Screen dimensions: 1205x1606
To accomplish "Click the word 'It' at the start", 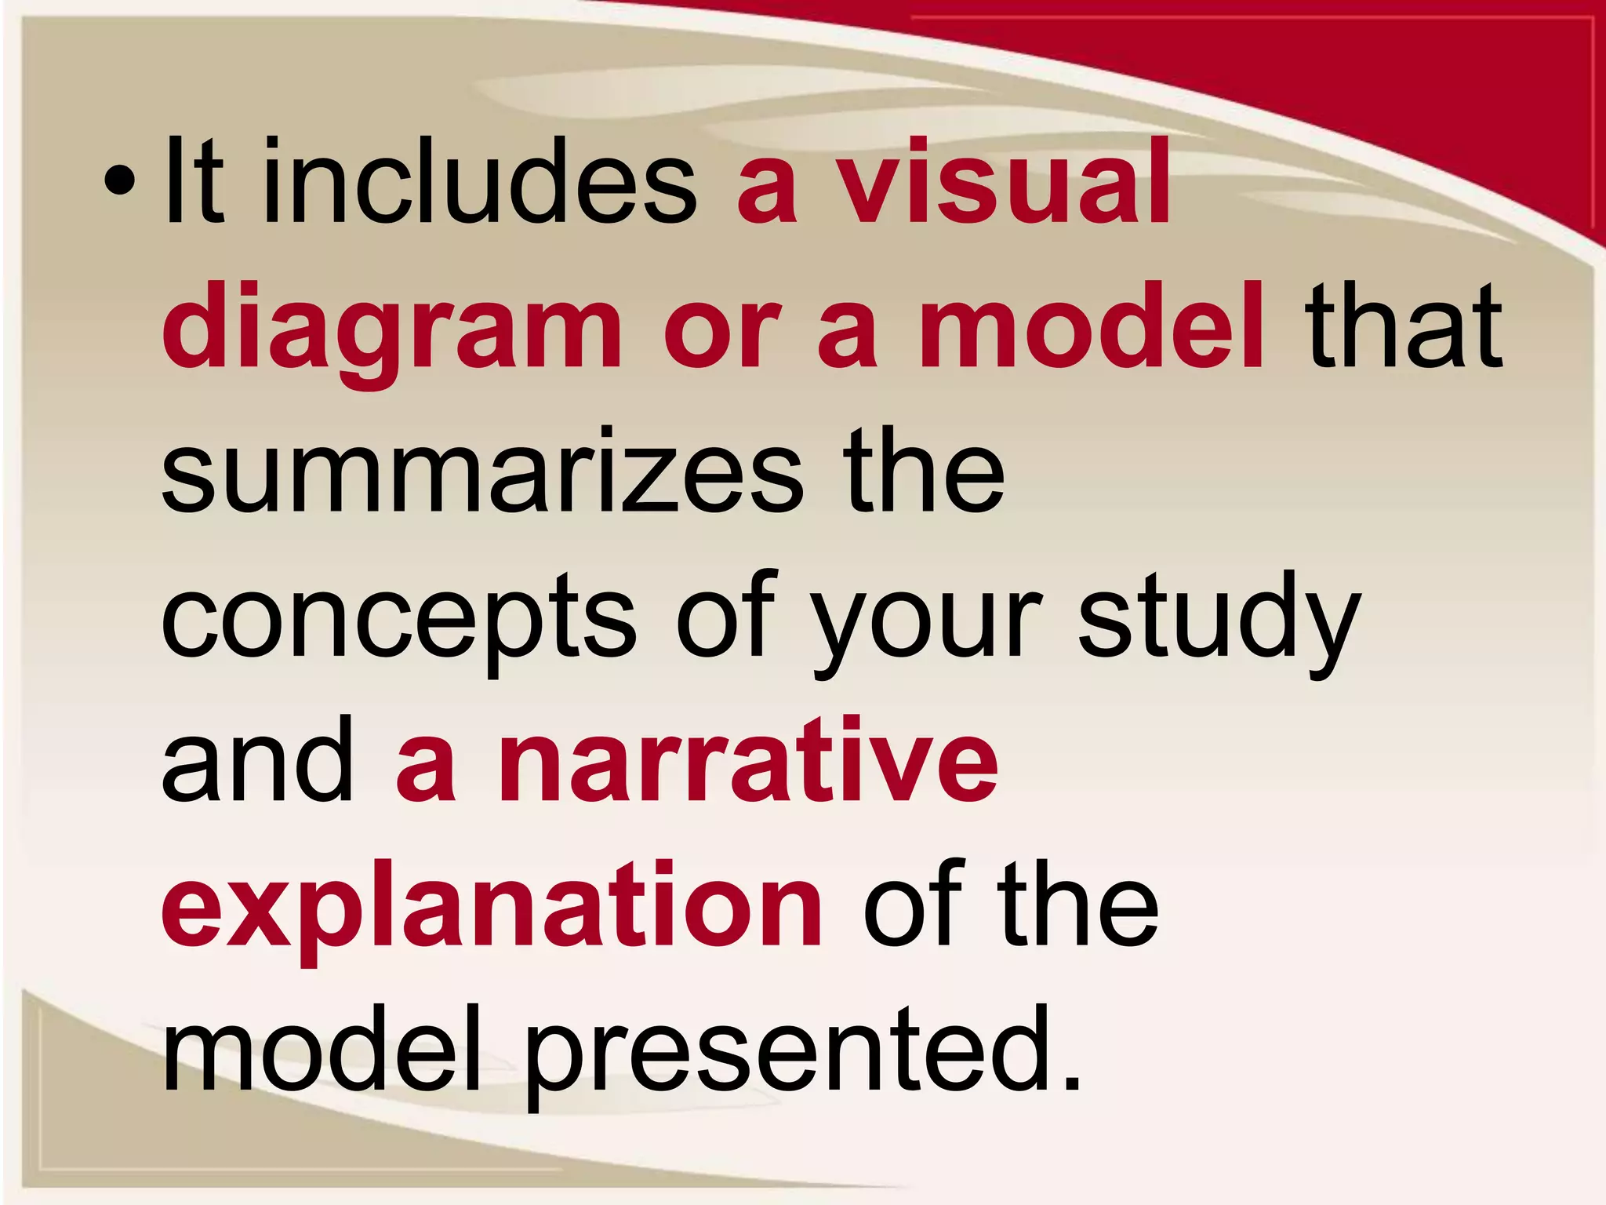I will tap(193, 182).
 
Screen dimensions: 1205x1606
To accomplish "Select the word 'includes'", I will tap(479, 182).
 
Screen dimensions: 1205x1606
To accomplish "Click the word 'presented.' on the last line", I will tap(804, 1051).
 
